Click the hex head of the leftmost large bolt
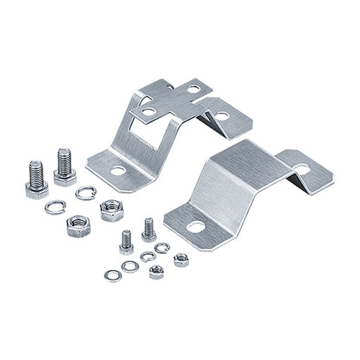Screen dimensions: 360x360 click(x=37, y=189)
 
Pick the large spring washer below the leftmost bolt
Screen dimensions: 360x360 click(x=54, y=207)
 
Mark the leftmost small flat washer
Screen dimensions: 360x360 click(x=112, y=274)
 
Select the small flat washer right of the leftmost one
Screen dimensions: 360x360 click(x=130, y=266)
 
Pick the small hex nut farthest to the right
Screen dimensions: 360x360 click(x=181, y=259)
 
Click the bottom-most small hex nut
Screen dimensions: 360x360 click(x=156, y=273)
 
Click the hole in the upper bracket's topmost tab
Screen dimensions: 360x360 click(x=194, y=89)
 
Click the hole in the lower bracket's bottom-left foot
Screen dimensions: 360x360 click(x=196, y=228)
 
